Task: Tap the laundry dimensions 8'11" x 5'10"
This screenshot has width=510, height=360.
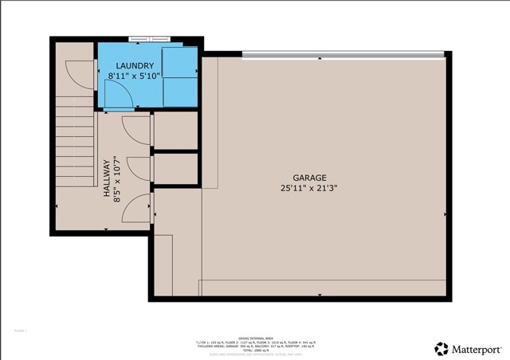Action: pyautogui.click(x=135, y=76)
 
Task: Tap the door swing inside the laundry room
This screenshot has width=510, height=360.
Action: pyautogui.click(x=120, y=94)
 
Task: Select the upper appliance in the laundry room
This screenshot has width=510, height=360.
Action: pyautogui.click(x=180, y=61)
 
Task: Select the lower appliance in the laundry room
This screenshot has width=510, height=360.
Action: pyautogui.click(x=180, y=91)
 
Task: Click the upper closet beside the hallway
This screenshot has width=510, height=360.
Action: pyautogui.click(x=175, y=131)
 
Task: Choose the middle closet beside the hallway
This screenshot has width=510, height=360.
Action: pyautogui.click(x=175, y=168)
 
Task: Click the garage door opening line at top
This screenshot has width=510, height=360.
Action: pyautogui.click(x=343, y=54)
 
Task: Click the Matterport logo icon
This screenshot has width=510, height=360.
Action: pyautogui.click(x=441, y=348)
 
